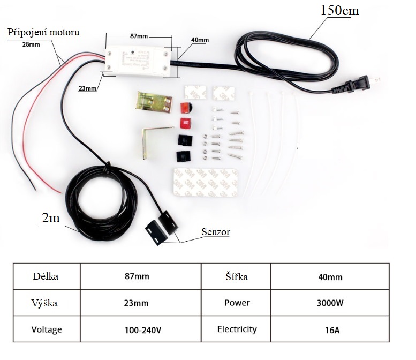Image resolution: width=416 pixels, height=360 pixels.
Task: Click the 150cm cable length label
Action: [x=339, y=10]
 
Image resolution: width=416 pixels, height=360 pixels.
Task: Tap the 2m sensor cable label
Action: [x=51, y=219]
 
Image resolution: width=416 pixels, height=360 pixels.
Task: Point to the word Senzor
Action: [x=215, y=232]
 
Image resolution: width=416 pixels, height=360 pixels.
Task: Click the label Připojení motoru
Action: [x=43, y=32]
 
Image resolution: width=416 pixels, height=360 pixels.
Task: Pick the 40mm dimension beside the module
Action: [x=199, y=40]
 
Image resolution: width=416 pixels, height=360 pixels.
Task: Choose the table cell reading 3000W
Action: [x=330, y=303]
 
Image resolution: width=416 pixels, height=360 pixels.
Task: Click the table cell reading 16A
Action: [x=330, y=329]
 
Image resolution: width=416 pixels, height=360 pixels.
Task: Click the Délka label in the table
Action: [x=46, y=277]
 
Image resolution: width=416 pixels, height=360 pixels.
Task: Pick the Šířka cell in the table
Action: [x=237, y=277]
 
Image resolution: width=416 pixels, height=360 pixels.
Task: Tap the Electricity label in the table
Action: [x=237, y=329]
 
